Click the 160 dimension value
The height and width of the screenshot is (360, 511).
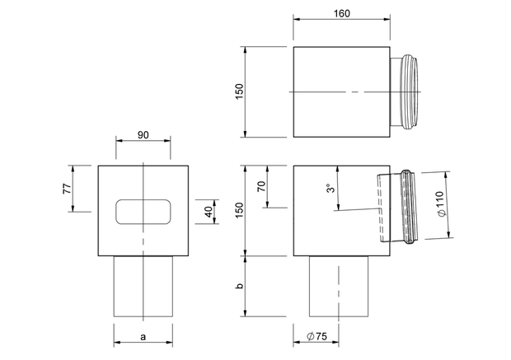pyautogui.click(x=341, y=14)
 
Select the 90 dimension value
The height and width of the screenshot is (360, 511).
pyautogui.click(x=143, y=135)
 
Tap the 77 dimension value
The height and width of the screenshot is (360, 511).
pyautogui.click(x=67, y=189)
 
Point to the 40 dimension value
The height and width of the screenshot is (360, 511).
pyautogui.click(x=209, y=212)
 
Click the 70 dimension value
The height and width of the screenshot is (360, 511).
pyautogui.click(x=262, y=186)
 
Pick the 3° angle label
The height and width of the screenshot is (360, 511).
pyautogui.click(x=331, y=189)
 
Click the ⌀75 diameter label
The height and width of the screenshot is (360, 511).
pyautogui.click(x=316, y=336)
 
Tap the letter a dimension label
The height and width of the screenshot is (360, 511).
pyautogui.click(x=143, y=337)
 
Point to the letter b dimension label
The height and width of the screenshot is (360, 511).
pyautogui.click(x=240, y=286)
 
